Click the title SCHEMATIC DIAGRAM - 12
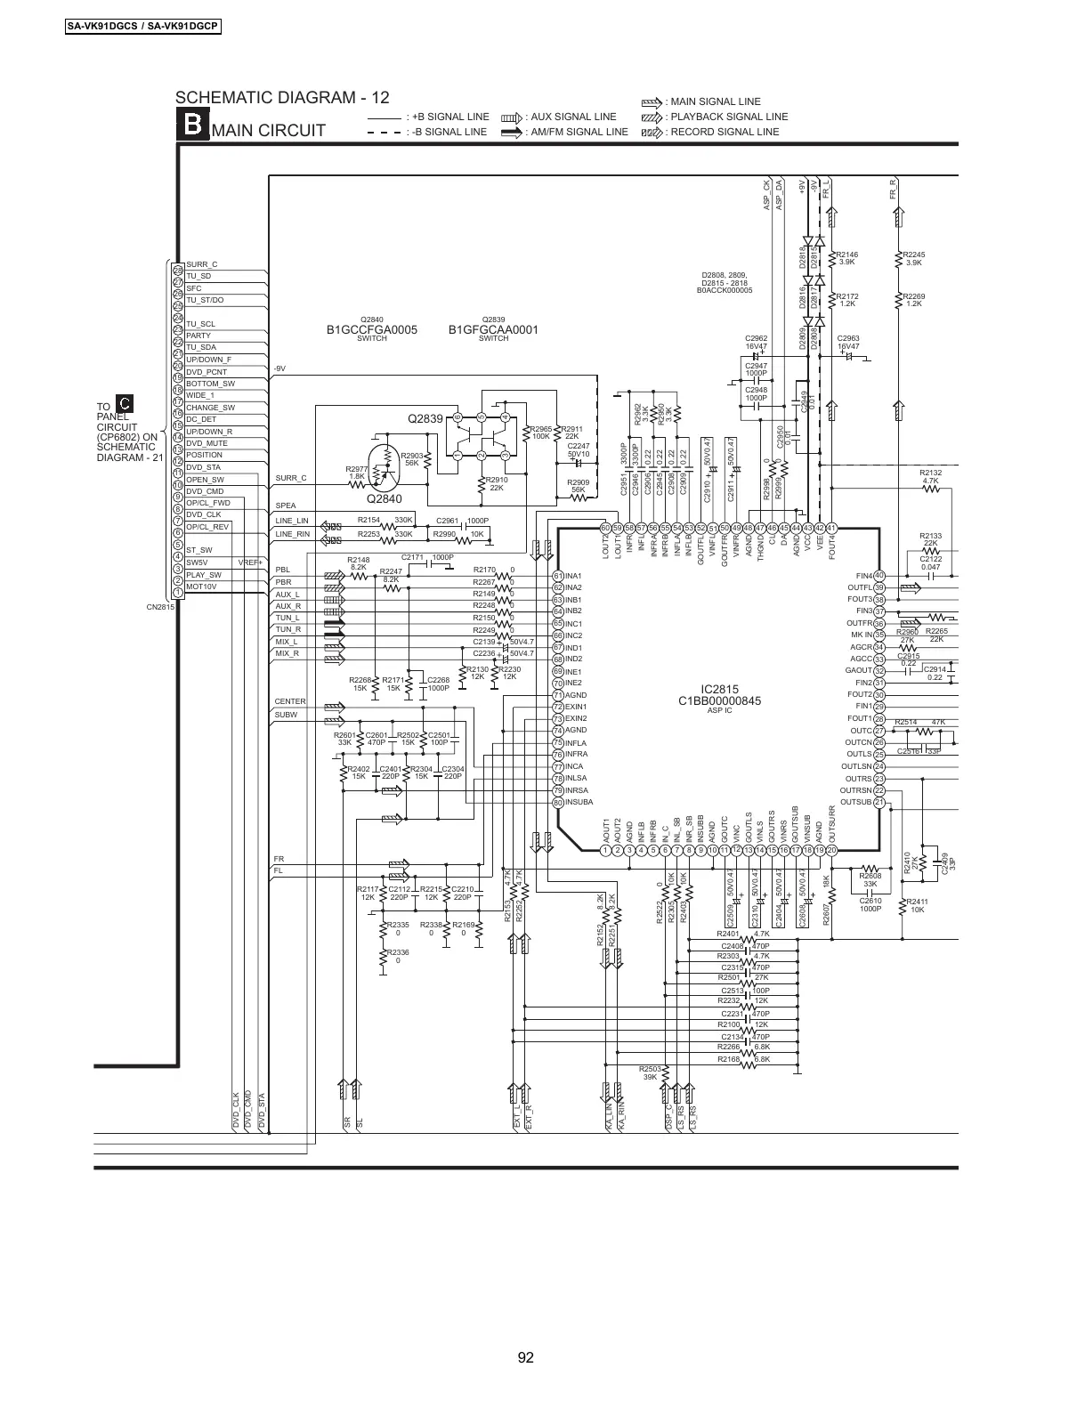(x=282, y=98)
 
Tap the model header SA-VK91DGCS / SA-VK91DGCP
(x=143, y=26)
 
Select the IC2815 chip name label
(x=718, y=689)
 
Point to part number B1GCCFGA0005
(x=371, y=330)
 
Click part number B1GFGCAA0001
(x=493, y=330)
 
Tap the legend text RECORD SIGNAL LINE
(x=725, y=132)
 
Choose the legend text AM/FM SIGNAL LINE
(x=577, y=132)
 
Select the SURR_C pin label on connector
(x=202, y=265)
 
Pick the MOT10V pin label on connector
(x=201, y=587)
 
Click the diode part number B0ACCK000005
(x=725, y=290)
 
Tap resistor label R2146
(x=846, y=255)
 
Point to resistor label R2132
(x=930, y=473)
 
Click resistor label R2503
(x=651, y=1068)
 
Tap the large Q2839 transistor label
(x=425, y=417)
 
